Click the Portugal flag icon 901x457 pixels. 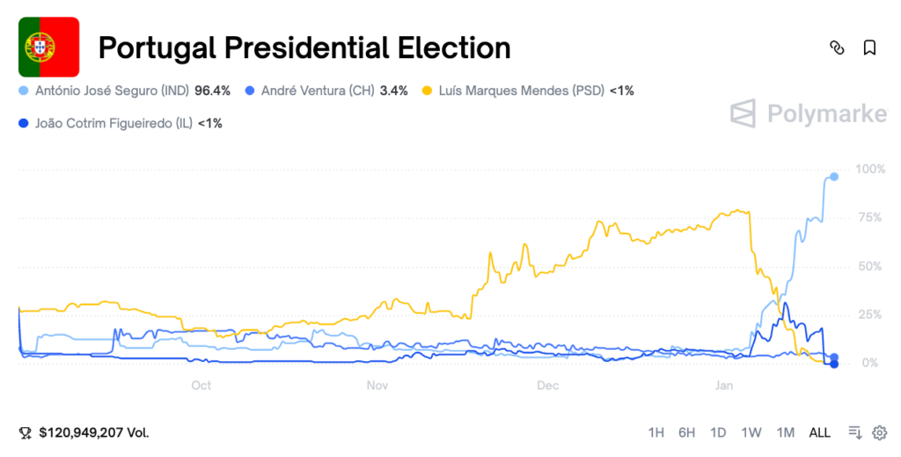tap(49, 47)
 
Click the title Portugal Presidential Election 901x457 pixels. tap(304, 47)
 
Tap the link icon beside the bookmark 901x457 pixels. tap(837, 47)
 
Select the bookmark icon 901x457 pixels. tap(869, 47)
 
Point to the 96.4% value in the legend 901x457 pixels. tap(212, 91)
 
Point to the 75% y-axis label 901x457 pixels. tap(872, 218)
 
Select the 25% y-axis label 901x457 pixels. tap(872, 315)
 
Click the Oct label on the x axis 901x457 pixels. tap(201, 385)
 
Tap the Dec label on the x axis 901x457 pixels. tap(547, 385)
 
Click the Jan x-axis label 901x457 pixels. tap(724, 385)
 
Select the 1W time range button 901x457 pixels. tap(751, 432)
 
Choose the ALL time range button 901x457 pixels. tap(819, 432)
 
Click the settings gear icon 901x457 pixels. tap(879, 432)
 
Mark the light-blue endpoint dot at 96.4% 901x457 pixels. tap(834, 177)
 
